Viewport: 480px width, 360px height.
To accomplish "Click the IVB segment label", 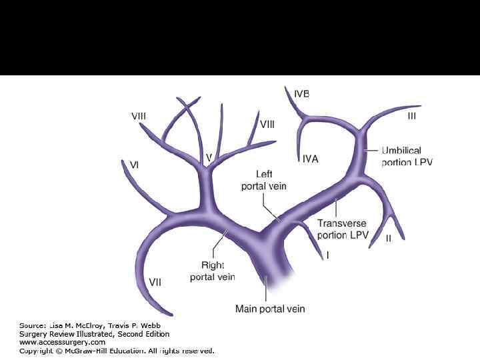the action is pos(301,94).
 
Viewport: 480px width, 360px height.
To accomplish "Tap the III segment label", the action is pos(411,116).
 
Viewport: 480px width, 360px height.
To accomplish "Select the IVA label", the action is pos(310,159).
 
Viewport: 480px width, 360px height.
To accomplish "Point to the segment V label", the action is pos(209,157).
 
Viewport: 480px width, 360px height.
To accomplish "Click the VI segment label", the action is pos(134,164).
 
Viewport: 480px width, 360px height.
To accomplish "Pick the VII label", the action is pos(155,282).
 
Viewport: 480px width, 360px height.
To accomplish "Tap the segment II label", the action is pos(389,237).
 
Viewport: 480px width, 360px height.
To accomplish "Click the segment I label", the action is pos(327,255).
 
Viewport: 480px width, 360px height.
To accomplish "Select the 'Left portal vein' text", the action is pos(263,180).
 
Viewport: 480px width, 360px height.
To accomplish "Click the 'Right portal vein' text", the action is pos(212,271).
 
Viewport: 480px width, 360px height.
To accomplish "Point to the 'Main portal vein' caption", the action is pos(270,309).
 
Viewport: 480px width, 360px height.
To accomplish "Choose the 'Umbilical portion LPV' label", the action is pos(407,157).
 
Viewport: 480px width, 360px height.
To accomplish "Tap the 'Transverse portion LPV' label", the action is pos(341,229).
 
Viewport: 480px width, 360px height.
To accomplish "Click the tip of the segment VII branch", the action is pos(171,313).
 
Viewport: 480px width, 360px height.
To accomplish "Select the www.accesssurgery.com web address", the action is pos(62,342).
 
